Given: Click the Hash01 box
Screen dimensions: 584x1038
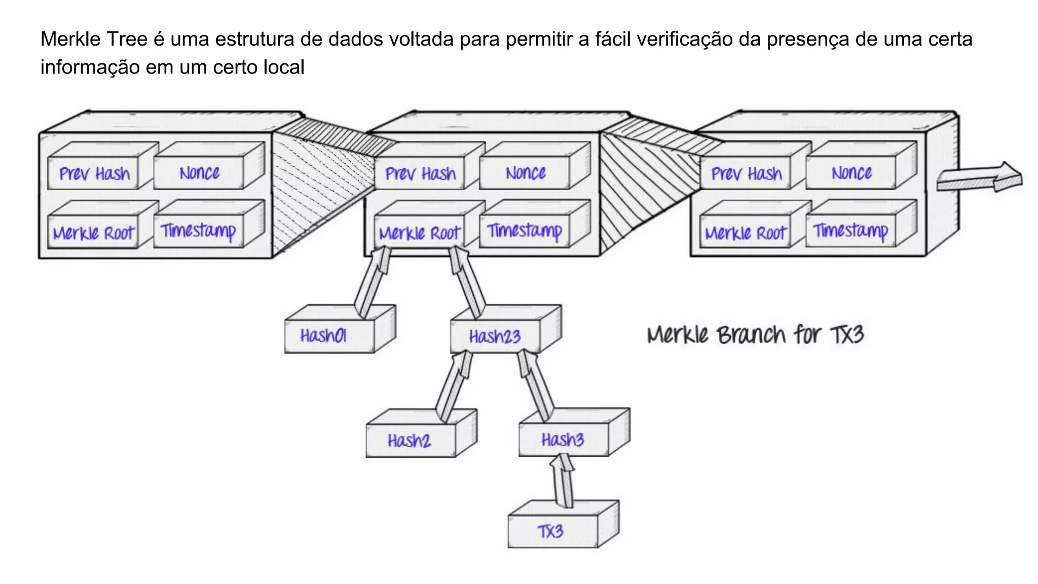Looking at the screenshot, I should click(329, 336).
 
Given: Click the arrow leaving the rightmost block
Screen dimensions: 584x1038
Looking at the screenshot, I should click(978, 177).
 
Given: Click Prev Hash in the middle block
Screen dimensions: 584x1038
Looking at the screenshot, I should click(420, 174).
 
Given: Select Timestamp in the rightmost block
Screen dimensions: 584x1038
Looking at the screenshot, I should click(850, 231).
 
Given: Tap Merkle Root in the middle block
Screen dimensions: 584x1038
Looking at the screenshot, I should click(420, 233).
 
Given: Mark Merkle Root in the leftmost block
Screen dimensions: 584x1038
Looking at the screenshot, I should click(93, 233).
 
